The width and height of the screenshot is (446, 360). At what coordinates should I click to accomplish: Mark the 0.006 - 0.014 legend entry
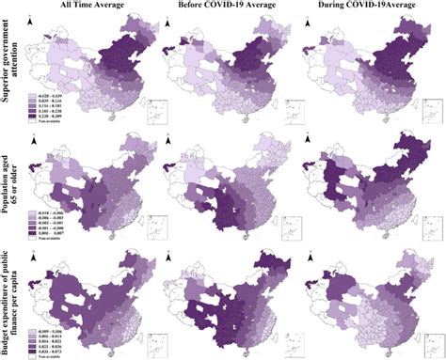click(51, 328)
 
